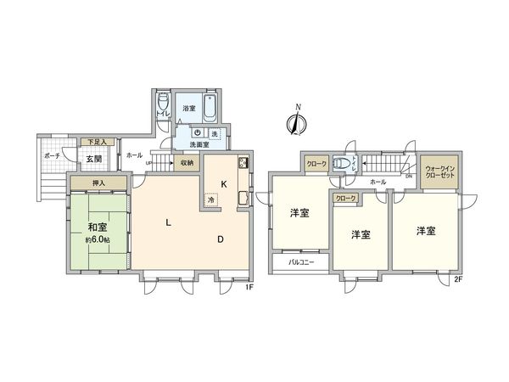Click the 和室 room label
(96, 227)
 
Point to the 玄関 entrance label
(92, 158)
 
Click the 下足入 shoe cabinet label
(98, 142)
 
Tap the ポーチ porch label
(50, 157)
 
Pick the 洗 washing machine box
(215, 133)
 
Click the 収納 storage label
(187, 162)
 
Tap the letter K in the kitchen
(224, 183)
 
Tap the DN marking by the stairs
(408, 176)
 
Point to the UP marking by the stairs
(149, 163)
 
